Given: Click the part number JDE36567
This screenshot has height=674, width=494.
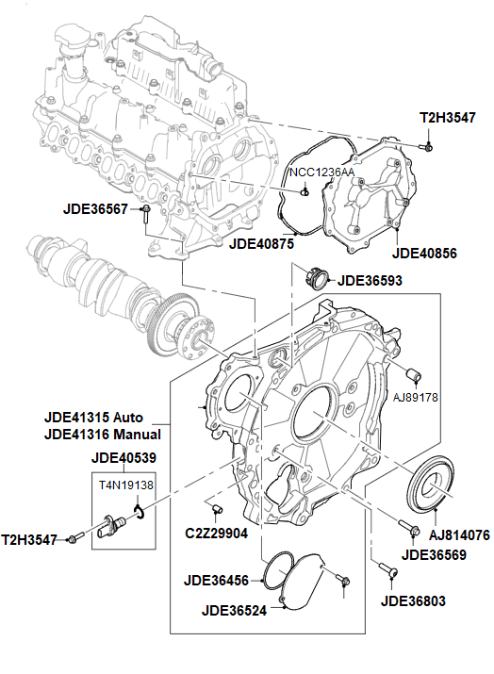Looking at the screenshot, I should click(x=97, y=209).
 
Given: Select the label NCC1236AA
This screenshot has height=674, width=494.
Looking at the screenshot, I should click(x=321, y=173).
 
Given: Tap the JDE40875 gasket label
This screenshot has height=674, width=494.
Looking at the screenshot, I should click(x=262, y=243).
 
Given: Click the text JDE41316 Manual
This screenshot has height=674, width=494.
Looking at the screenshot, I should click(x=102, y=435).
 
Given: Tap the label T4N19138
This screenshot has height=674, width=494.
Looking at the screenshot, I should click(x=126, y=485).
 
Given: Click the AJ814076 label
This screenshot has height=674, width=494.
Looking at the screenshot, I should click(x=459, y=535).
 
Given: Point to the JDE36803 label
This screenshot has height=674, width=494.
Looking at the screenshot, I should click(x=414, y=600).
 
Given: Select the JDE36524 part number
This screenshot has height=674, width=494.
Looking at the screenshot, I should click(x=235, y=609).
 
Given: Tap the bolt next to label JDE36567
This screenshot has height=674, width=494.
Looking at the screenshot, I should click(x=148, y=213).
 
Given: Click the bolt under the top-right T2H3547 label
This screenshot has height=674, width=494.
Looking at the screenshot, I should click(x=428, y=146).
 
